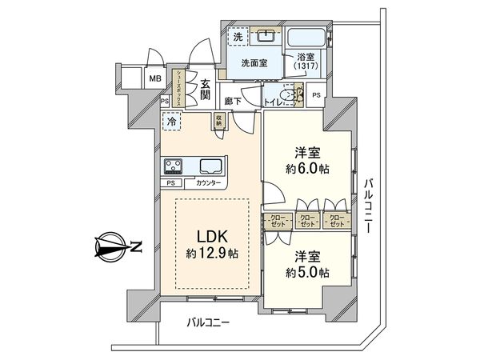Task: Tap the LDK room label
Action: coord(212,237)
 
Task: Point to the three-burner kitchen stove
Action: coord(173,166)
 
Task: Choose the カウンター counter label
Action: coord(206,182)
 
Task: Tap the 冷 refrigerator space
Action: coord(170,122)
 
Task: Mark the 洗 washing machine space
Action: coord(238,36)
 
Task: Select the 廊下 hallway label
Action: coord(233,101)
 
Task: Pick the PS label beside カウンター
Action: coord(170,182)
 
